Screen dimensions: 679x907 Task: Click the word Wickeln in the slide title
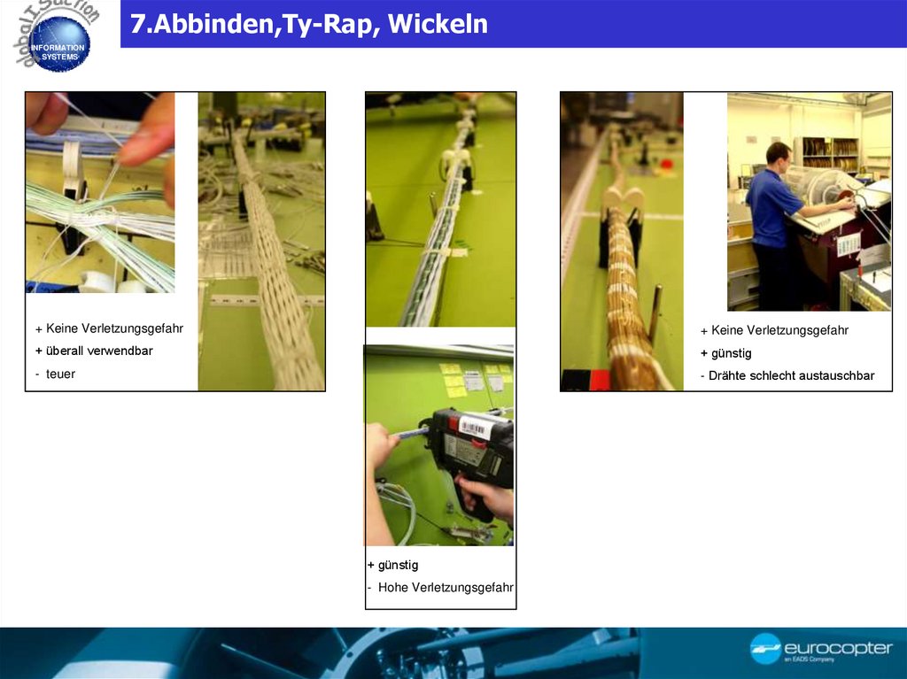coord(438,25)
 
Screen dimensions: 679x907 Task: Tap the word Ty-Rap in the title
coord(332,25)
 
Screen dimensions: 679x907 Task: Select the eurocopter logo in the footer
coord(821,649)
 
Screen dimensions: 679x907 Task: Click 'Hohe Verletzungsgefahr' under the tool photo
coord(446,588)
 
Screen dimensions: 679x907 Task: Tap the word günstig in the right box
coord(731,353)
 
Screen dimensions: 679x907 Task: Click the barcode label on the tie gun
coord(476,428)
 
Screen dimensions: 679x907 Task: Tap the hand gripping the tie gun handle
coord(492,498)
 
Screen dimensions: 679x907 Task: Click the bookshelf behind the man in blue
coord(832,155)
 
